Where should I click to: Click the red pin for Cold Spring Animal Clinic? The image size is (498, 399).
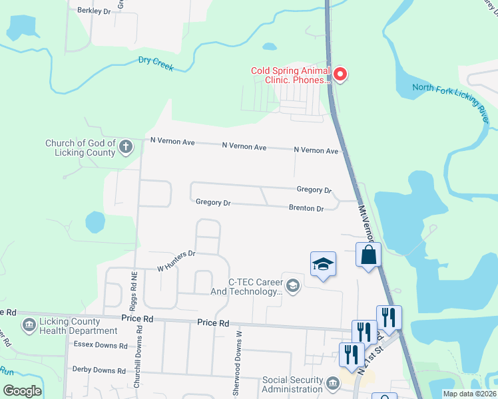point(340,74)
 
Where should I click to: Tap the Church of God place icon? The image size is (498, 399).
point(126,148)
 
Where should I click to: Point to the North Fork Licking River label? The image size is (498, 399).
point(450,98)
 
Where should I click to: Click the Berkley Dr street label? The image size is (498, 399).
point(93,11)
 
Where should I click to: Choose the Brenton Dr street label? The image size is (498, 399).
point(306,208)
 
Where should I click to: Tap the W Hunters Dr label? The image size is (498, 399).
point(176,261)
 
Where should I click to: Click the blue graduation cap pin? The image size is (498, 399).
point(323,263)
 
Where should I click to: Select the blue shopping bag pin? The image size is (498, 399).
point(368,255)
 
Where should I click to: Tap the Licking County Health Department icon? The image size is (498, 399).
point(29,325)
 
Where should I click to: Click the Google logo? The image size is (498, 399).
point(23,390)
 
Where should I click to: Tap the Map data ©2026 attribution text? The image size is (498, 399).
point(469,394)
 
